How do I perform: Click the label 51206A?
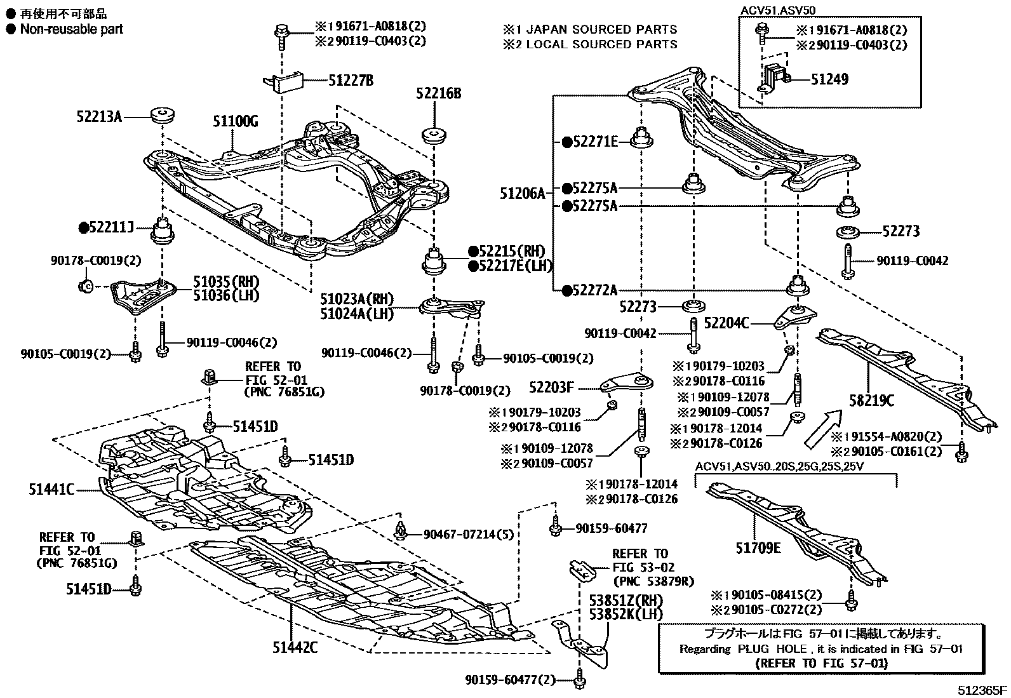[x=522, y=193]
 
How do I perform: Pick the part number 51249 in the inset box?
[x=829, y=79]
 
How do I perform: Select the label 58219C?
[x=872, y=401]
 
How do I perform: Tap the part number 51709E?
[x=758, y=547]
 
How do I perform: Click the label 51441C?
[x=51, y=489]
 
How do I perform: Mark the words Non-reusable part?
[x=71, y=29]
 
